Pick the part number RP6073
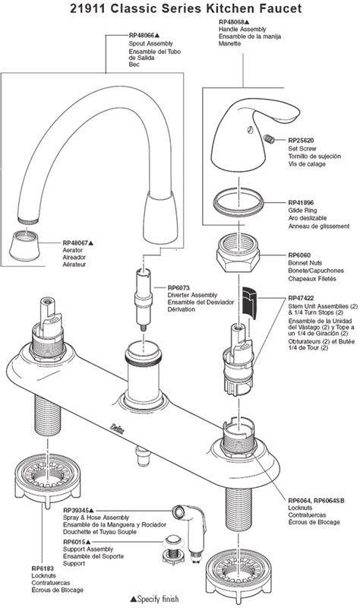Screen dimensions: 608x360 click(181, 287)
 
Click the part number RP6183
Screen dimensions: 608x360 click(43, 568)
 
